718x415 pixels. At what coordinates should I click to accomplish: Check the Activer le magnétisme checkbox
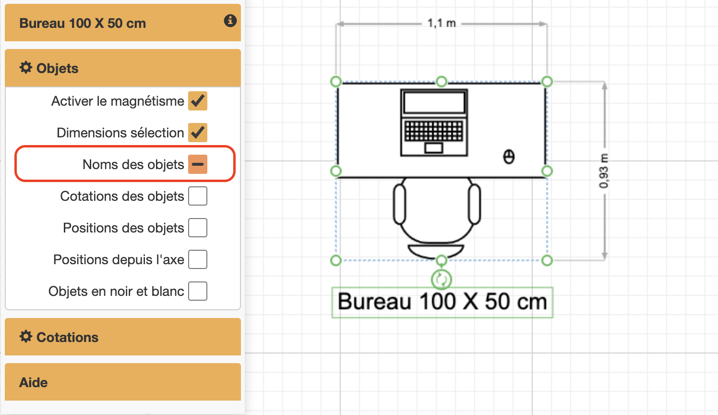pyautogui.click(x=197, y=101)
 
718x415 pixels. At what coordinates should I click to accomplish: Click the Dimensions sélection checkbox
pyautogui.click(x=197, y=133)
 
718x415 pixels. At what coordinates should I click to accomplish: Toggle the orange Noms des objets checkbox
pyautogui.click(x=197, y=164)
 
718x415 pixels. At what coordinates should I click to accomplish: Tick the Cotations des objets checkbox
pyautogui.click(x=197, y=196)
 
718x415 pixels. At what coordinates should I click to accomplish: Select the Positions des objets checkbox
pyautogui.click(x=197, y=228)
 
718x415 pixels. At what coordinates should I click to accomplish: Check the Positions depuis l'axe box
pyautogui.click(x=197, y=259)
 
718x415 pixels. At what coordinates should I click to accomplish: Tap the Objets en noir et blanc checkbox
pyautogui.click(x=197, y=291)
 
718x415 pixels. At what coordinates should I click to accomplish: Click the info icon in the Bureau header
pyautogui.click(x=230, y=21)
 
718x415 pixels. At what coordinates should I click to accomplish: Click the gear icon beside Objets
pyautogui.click(x=26, y=68)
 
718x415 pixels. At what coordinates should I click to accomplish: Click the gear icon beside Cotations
pyautogui.click(x=26, y=337)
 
